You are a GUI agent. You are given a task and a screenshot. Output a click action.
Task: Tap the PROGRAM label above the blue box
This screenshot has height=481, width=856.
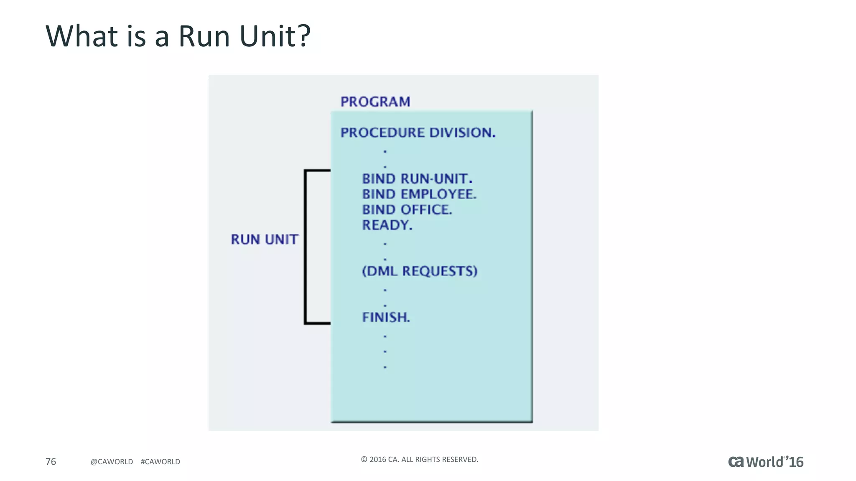click(375, 102)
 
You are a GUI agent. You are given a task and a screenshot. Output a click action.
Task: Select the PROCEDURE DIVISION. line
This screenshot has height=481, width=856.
click(418, 133)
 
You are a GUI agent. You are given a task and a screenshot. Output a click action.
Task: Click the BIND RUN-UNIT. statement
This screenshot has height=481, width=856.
click(417, 179)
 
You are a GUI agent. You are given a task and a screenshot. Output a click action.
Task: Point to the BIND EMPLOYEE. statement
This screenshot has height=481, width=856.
click(419, 195)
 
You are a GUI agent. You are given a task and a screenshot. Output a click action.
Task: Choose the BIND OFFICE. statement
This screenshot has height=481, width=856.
click(407, 210)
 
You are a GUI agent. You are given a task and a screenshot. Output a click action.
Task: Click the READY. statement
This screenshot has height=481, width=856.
click(387, 225)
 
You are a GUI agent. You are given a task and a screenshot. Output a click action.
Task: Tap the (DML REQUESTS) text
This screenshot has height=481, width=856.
click(419, 271)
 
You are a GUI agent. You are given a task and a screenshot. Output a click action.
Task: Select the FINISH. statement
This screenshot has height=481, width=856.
click(386, 317)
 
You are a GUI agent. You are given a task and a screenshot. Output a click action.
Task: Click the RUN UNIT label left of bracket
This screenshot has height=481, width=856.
click(265, 240)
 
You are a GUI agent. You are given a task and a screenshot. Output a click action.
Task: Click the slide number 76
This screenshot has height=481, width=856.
click(51, 461)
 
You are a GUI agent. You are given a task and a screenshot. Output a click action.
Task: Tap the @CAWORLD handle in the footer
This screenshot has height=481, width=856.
click(112, 462)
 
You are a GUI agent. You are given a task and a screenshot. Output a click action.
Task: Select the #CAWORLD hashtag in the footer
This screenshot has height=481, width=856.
click(160, 462)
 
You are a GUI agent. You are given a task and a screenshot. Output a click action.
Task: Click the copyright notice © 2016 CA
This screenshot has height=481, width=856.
click(419, 459)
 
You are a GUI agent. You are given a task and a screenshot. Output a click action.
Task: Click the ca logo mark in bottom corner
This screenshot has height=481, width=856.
click(736, 462)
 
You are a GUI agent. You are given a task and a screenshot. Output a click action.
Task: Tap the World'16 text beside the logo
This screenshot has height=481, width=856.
click(774, 462)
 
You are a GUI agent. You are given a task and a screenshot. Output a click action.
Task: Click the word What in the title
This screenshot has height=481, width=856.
click(82, 36)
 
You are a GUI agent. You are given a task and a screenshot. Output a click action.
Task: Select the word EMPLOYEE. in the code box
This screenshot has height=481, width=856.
click(438, 195)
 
